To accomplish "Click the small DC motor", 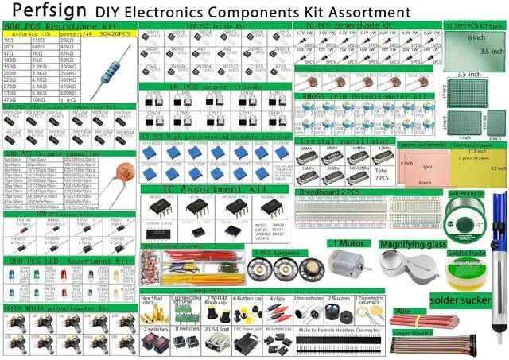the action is (347, 270).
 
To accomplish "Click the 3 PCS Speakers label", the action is (277, 253).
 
